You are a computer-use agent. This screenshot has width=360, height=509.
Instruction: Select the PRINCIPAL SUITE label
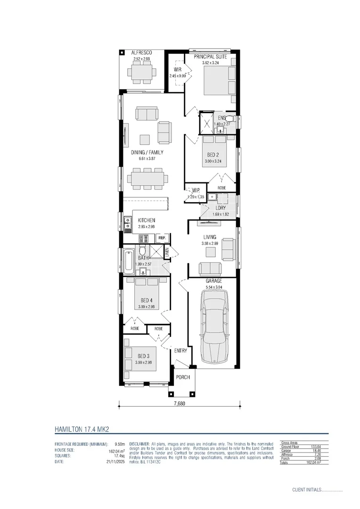coord(211,57)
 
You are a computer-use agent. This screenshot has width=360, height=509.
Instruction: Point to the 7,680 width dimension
coord(180,404)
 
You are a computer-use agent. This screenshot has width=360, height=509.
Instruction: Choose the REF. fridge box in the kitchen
coord(162,238)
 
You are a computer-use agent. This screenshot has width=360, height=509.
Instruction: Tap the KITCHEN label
coord(147,220)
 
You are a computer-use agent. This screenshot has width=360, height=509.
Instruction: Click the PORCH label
coord(182,378)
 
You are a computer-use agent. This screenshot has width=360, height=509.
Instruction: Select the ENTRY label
coord(180,351)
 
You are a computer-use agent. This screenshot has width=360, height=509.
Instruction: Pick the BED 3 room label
coord(143,356)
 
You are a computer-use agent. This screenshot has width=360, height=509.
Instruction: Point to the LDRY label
coord(220,207)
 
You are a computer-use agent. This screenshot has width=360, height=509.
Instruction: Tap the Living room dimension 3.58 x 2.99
coord(210,244)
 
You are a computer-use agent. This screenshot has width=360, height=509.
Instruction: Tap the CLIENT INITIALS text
coord(306,490)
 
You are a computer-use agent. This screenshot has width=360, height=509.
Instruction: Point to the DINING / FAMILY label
coord(147,152)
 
